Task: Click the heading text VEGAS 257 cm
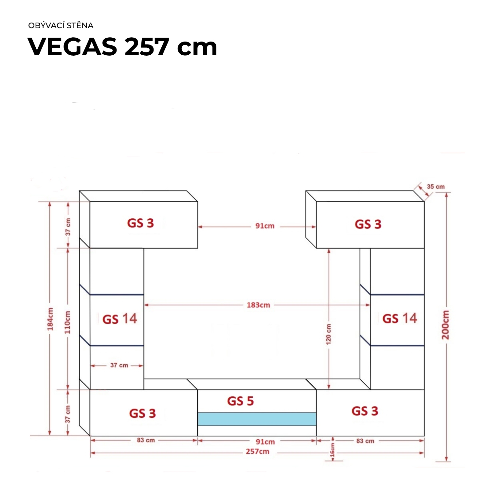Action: click(x=122, y=47)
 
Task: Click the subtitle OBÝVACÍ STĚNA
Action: click(x=61, y=26)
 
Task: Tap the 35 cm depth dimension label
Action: click(x=436, y=187)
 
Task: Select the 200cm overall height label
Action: click(x=446, y=325)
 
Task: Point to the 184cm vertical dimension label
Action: click(x=50, y=319)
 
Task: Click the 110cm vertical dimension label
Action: click(x=67, y=322)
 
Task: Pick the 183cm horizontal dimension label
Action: click(x=258, y=305)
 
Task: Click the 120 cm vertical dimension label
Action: click(x=328, y=334)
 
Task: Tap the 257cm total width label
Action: click(x=258, y=452)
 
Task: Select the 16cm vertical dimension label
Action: click(x=333, y=450)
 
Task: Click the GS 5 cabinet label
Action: click(x=241, y=401)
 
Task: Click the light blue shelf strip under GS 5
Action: click(x=257, y=419)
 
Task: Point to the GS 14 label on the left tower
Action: click(x=120, y=319)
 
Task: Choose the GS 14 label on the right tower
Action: click(x=400, y=318)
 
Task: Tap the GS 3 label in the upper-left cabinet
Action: click(x=140, y=223)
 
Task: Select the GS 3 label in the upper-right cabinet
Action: click(x=368, y=224)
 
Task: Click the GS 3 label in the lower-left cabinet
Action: click(x=142, y=413)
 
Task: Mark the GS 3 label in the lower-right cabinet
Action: click(x=365, y=411)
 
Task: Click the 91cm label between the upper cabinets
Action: click(x=265, y=226)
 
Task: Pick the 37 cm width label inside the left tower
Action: click(x=119, y=365)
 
